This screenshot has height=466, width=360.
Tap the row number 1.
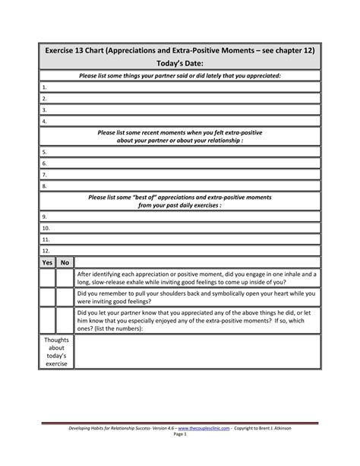(x=45, y=87)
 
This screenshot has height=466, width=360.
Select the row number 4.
(x=45, y=120)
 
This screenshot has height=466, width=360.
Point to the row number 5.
(x=45, y=151)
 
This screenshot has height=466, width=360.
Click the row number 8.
(x=45, y=184)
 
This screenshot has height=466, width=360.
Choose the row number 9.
(x=45, y=216)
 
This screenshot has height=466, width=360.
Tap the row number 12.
(x=46, y=249)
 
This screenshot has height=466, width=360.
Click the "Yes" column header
(x=47, y=262)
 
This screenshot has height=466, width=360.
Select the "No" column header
(x=65, y=262)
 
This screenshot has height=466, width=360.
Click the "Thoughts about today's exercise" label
(x=56, y=351)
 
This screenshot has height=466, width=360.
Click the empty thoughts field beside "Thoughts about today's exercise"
(x=197, y=351)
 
